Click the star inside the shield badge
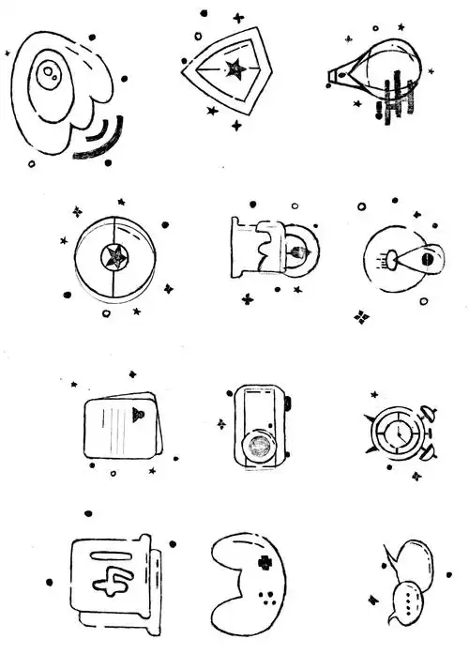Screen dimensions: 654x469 click(x=234, y=68)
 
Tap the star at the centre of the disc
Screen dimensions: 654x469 click(x=114, y=254)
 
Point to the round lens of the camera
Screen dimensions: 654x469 click(x=258, y=445)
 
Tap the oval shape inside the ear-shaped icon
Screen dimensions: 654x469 click(x=49, y=73)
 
